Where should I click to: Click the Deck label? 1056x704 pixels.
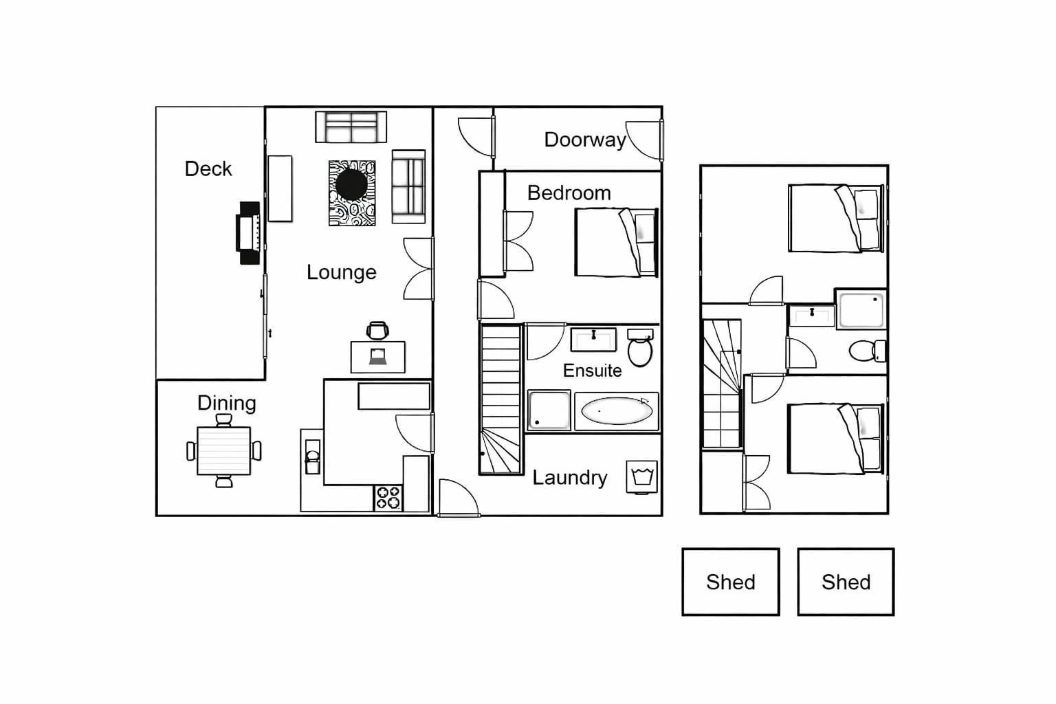click(208, 169)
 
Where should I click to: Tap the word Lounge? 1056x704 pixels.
click(341, 272)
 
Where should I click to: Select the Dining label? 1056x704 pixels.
click(226, 403)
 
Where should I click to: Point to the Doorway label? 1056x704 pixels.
click(585, 140)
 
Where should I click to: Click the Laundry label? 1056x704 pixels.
click(569, 478)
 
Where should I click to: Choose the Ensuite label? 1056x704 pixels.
click(592, 371)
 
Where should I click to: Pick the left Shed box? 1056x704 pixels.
click(731, 582)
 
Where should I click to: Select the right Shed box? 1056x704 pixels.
click(846, 582)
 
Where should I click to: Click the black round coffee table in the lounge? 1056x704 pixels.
click(351, 184)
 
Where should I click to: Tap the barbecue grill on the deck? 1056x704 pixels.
click(248, 233)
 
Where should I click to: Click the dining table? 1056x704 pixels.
click(223, 451)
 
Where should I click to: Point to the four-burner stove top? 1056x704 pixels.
click(388, 498)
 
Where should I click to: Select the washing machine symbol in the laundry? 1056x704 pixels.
click(641, 477)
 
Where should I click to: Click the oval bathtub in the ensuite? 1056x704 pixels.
click(617, 411)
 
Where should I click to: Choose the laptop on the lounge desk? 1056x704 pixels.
click(377, 357)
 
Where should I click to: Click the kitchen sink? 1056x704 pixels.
click(312, 456)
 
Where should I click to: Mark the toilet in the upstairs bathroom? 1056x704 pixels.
click(868, 351)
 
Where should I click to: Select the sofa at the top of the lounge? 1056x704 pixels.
click(351, 126)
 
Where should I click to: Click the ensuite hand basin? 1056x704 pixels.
click(593, 340)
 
